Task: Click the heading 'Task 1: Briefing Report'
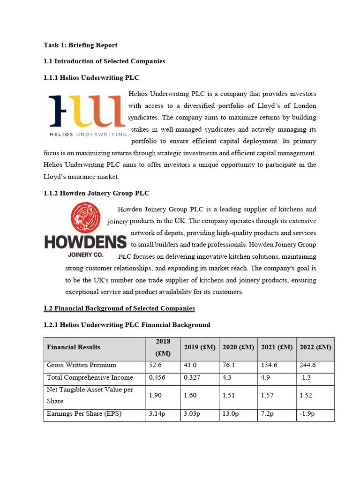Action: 80,45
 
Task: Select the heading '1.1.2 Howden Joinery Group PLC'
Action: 97,193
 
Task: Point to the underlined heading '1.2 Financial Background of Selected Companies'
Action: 119,308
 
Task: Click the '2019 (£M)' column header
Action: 200,347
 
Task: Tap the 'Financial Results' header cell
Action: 74,347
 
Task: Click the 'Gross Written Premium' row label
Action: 82,365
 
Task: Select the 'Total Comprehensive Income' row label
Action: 90,377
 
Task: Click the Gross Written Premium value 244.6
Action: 307,365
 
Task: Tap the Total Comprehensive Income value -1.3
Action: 305,377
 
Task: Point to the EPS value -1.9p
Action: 307,414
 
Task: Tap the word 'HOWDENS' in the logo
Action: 85,242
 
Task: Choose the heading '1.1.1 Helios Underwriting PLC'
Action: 91,77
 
